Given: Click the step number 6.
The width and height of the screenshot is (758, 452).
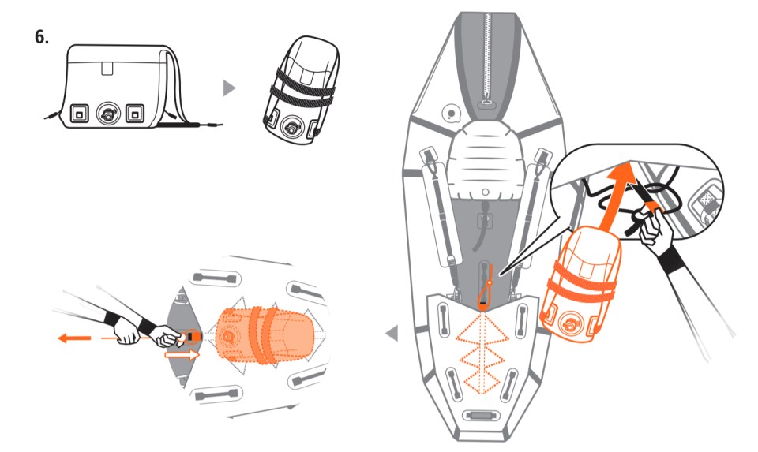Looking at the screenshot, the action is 42,37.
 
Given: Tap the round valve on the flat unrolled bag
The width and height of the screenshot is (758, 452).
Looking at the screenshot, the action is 107,114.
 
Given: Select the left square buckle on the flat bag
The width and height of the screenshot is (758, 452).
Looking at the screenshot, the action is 79,114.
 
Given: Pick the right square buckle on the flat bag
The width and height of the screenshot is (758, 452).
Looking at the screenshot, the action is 135,114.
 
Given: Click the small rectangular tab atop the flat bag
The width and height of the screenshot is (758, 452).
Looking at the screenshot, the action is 107,68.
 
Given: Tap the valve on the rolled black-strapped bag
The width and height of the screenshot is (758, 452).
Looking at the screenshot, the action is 292,127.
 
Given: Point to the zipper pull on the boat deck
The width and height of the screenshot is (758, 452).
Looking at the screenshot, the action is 486,103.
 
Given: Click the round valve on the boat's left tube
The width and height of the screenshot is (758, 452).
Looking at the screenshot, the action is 452,114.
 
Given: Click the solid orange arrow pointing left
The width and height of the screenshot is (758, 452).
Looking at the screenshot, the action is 74,338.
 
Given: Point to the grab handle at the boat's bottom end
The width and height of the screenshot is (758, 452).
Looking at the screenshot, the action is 478,415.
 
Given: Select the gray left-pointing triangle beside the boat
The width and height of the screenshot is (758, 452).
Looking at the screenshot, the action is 392,333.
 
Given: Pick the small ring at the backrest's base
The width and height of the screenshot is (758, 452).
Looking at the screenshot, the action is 486,192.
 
